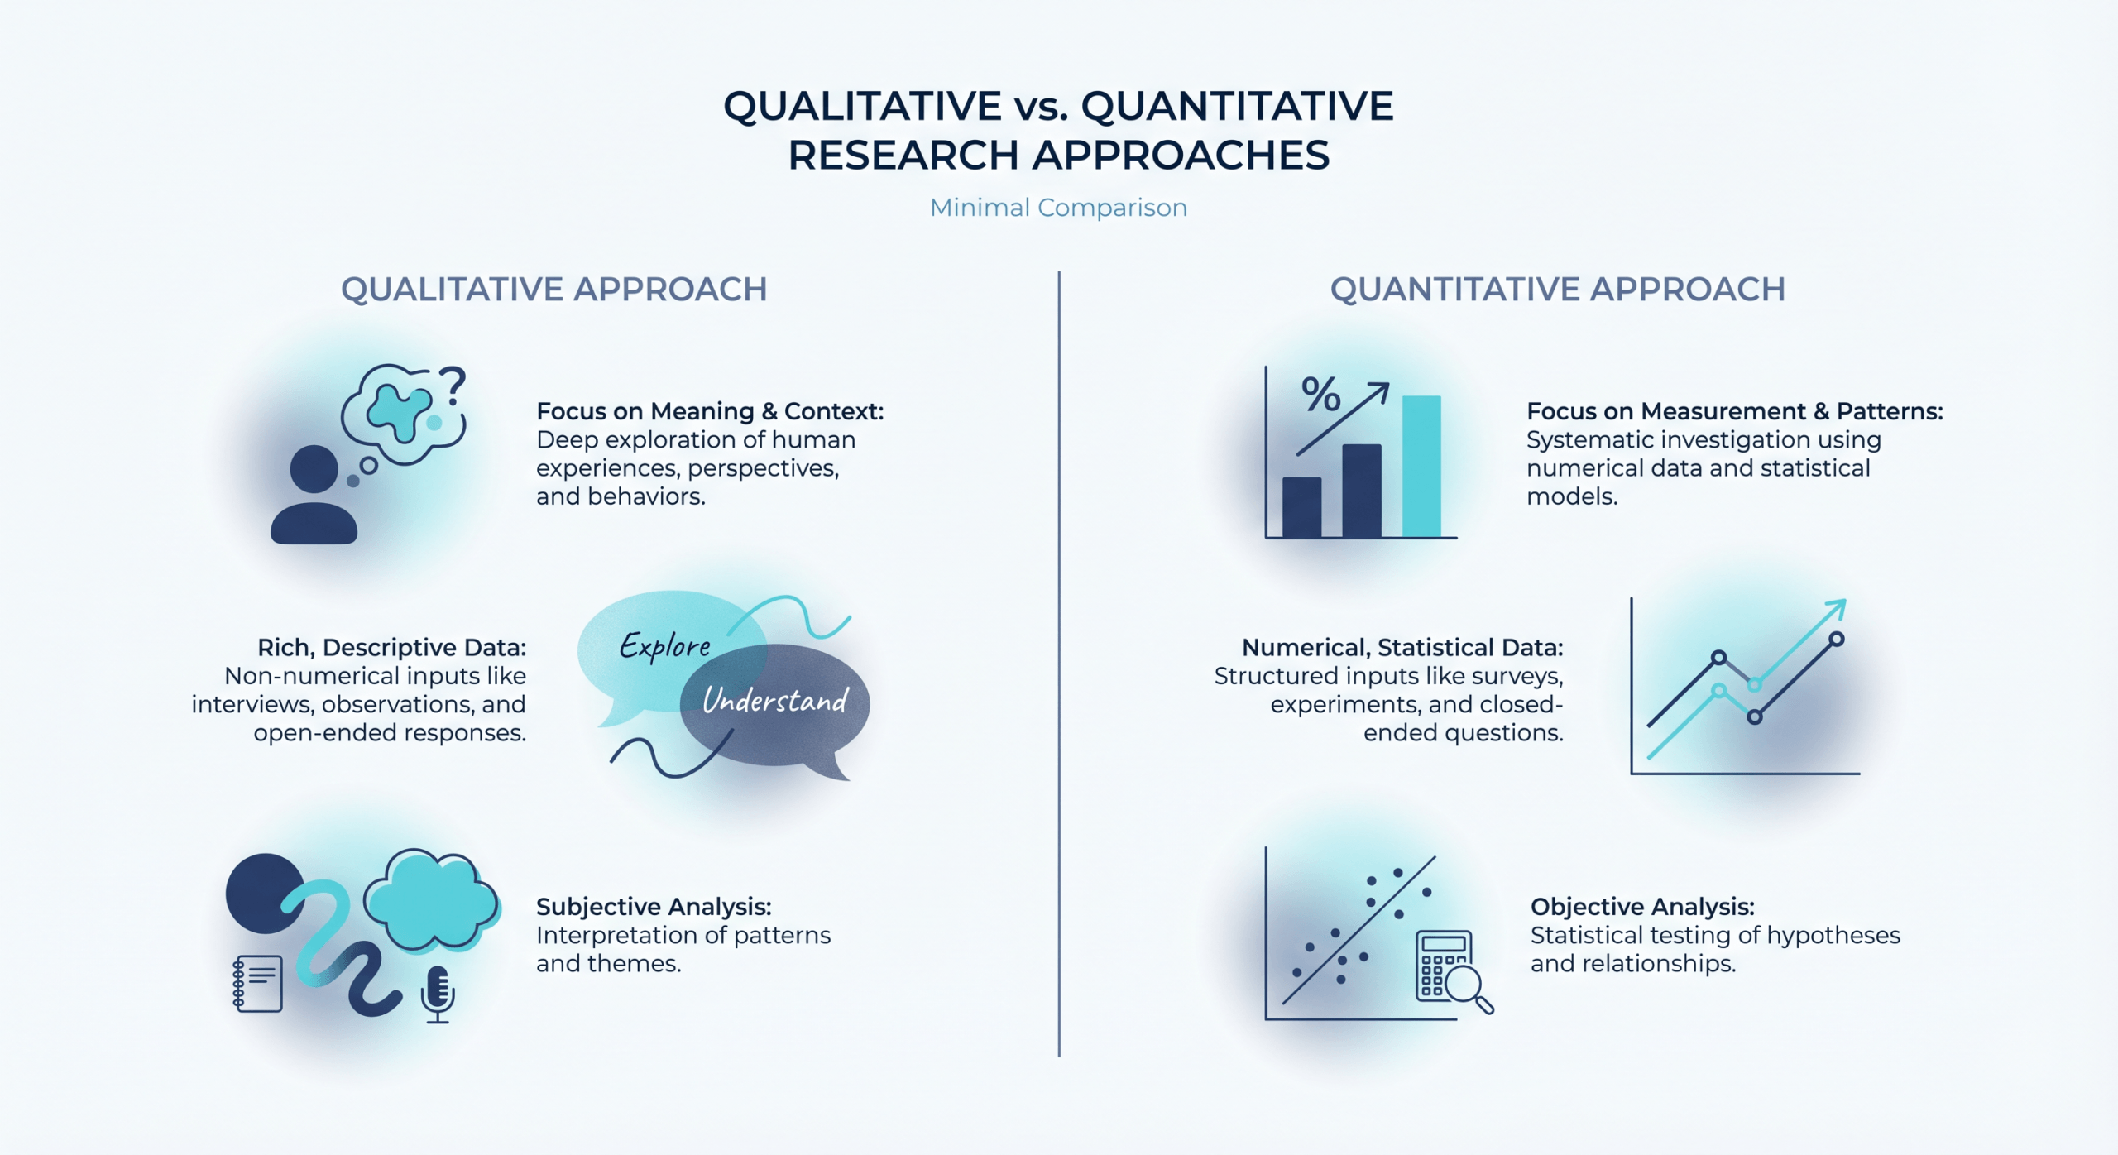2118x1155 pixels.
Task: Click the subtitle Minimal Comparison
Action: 1058,207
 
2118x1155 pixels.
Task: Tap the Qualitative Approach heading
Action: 553,290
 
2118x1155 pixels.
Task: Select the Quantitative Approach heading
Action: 1557,290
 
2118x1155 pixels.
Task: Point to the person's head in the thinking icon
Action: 314,468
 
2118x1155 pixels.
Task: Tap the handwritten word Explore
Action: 665,645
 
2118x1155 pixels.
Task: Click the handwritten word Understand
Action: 775,701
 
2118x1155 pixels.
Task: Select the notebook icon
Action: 258,983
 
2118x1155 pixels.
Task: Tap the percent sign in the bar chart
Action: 1320,394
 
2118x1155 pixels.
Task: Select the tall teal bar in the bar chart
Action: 1421,466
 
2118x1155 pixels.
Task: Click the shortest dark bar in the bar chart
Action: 1301,507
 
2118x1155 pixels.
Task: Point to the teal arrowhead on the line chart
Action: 1837,609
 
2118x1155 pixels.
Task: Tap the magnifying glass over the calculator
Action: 1466,986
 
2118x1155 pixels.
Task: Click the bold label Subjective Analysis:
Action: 654,907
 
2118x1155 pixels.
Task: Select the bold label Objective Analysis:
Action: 1642,907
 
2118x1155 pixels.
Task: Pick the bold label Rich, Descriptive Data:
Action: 391,647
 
